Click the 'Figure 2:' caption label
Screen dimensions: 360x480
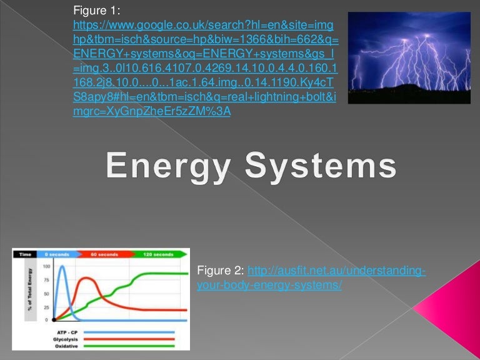coord(221,271)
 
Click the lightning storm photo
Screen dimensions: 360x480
coord(409,58)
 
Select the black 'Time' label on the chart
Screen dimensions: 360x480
coord(25,254)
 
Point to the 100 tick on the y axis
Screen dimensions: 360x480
coord(46,266)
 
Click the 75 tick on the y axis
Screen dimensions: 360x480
coord(46,281)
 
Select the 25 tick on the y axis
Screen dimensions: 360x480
coord(46,307)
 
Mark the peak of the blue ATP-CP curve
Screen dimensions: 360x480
coord(63,267)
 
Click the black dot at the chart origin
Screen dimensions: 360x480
coord(54,320)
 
